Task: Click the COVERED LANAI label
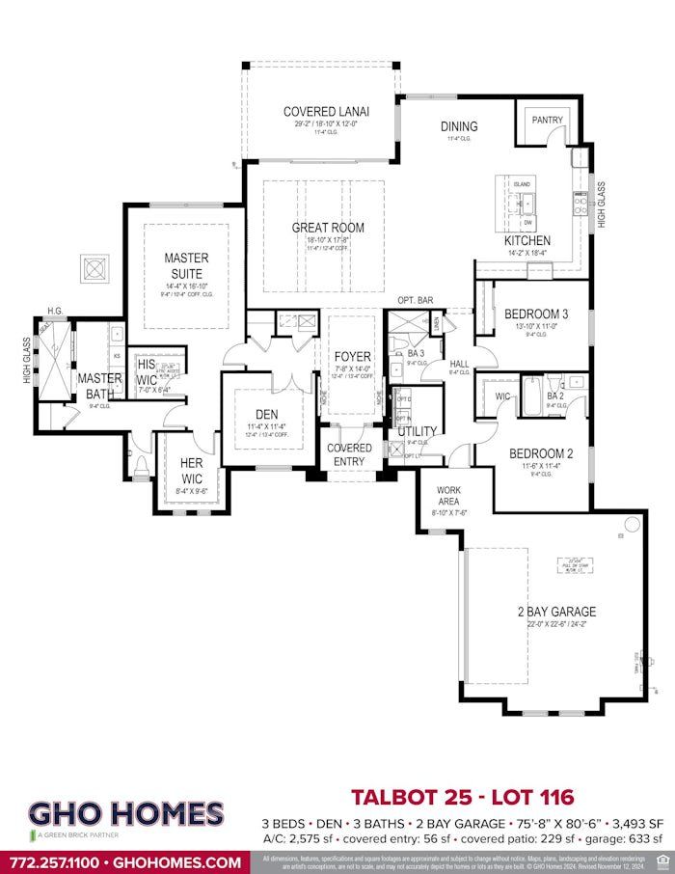(326, 112)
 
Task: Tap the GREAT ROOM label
(328, 229)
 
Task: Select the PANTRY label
(547, 120)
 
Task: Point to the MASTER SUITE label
(186, 265)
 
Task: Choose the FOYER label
(352, 357)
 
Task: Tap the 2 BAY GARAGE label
(556, 612)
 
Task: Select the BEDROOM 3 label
(536, 314)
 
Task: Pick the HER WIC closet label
(191, 470)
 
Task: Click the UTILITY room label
(417, 431)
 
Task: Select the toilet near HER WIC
(141, 468)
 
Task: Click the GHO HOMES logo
(125, 816)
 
